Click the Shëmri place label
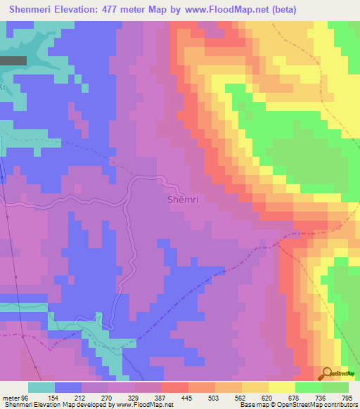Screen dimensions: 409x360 click(x=183, y=200)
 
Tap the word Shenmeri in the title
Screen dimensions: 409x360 click(x=31, y=9)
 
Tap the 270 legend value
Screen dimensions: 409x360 click(x=108, y=397)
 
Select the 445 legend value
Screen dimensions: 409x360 click(x=188, y=397)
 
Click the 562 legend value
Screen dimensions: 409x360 click(x=241, y=397)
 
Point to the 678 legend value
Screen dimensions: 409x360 click(x=295, y=397)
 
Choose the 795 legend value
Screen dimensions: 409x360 click(x=347, y=397)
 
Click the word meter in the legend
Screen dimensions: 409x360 click(x=11, y=397)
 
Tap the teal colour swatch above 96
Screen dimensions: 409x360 click(x=41, y=387)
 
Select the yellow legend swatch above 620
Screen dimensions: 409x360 click(x=281, y=387)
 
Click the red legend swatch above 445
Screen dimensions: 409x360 click(x=175, y=387)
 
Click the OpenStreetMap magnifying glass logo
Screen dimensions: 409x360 click(x=326, y=373)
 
